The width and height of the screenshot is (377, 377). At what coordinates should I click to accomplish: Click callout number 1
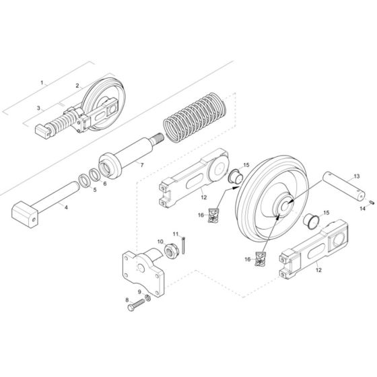42,83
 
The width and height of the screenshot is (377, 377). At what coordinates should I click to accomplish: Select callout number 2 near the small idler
77,86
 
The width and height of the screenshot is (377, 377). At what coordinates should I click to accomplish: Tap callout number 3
38,108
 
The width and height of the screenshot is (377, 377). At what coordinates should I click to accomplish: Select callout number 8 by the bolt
127,300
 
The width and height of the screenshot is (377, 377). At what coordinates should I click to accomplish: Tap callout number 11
176,234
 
